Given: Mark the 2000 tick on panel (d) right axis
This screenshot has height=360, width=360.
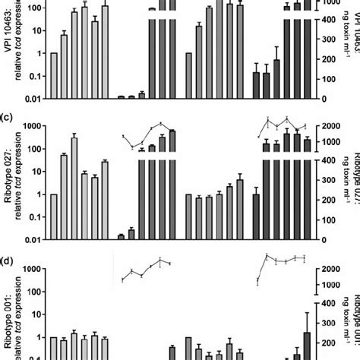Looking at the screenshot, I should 327,270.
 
